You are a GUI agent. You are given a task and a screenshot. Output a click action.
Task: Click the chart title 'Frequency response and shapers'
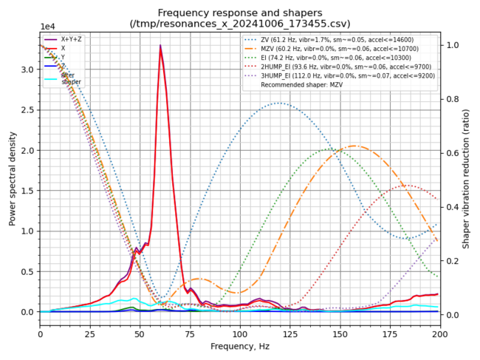(x=239, y=13)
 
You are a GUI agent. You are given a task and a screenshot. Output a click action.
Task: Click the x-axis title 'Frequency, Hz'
(x=239, y=346)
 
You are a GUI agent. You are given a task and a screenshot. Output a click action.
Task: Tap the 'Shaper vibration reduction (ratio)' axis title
(x=467, y=178)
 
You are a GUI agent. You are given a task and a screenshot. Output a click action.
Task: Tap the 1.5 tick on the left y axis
(x=28, y=191)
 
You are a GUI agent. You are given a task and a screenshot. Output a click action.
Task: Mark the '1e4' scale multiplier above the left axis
(x=47, y=27)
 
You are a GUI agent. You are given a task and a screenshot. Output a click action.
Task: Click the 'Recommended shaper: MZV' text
(x=309, y=84)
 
